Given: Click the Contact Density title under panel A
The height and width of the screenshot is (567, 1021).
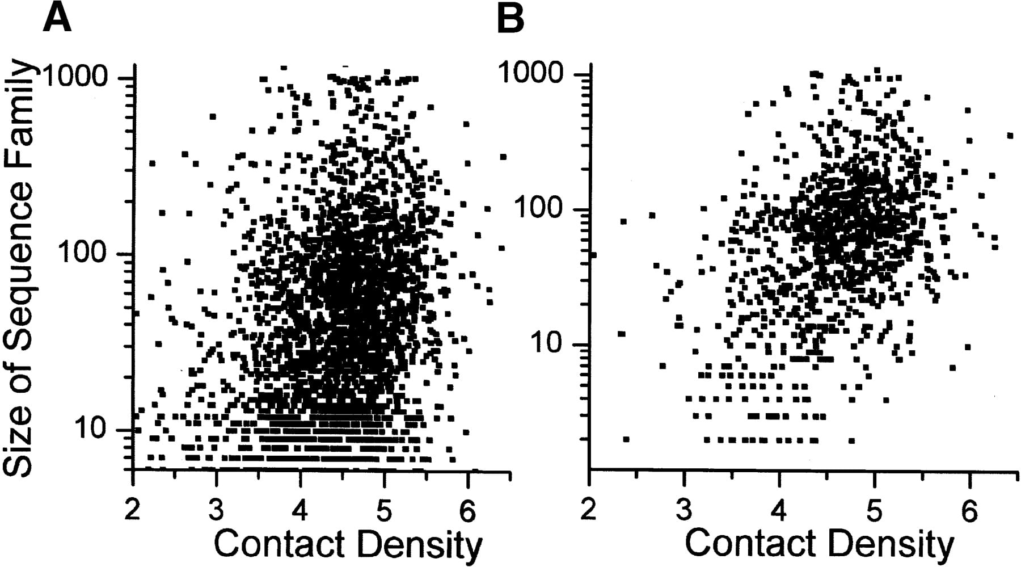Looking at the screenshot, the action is [348, 544].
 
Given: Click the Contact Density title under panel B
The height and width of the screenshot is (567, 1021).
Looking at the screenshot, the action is [820, 544].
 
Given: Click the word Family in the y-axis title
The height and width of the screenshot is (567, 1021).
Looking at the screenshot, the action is [19, 106].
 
